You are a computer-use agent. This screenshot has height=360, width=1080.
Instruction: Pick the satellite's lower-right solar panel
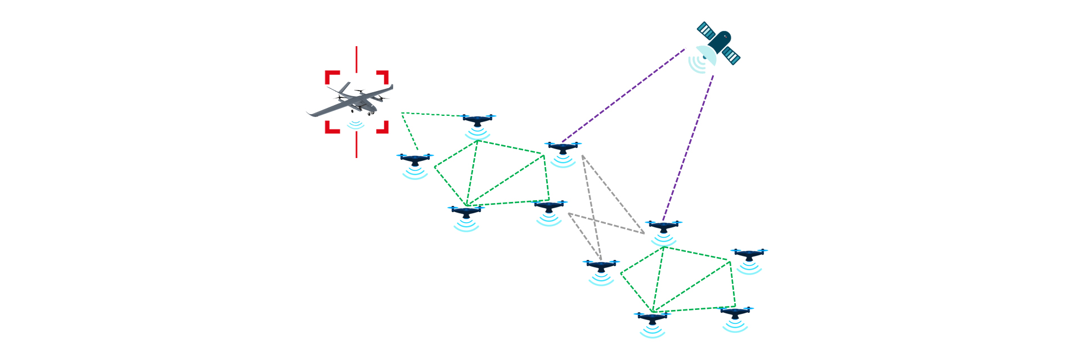click(731, 55)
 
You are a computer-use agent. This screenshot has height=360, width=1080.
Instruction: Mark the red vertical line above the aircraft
click(356, 58)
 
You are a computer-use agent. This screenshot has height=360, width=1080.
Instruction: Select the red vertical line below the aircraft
click(356, 145)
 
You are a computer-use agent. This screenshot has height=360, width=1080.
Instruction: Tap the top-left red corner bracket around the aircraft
click(331, 76)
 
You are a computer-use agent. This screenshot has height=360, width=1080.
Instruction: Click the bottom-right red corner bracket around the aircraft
click(383, 128)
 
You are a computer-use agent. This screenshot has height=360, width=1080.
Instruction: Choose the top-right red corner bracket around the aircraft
click(383, 76)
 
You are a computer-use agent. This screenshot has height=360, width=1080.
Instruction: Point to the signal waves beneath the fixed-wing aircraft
click(355, 124)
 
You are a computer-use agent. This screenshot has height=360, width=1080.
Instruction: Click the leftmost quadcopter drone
click(415, 159)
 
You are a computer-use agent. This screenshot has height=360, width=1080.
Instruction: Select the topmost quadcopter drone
click(478, 120)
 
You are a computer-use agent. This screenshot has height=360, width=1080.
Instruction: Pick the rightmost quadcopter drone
click(749, 254)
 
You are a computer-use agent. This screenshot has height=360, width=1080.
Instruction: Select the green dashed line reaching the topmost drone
click(433, 115)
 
